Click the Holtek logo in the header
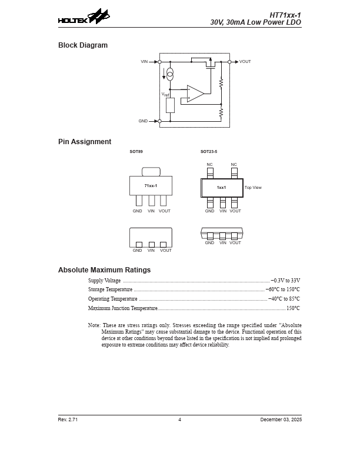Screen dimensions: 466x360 tap(84, 18)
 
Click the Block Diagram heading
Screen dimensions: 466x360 tap(83, 45)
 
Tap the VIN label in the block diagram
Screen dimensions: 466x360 tap(145, 62)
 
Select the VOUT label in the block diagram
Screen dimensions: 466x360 tap(245, 62)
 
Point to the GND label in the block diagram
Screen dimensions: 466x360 tap(143, 121)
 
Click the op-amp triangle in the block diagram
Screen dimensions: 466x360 tap(195, 94)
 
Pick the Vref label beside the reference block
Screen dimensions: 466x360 tap(165, 94)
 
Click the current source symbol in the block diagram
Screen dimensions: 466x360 tap(170, 74)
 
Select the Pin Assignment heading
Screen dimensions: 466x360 tap(85, 142)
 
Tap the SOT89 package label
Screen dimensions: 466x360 tap(136, 152)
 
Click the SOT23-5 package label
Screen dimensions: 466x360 tap(209, 152)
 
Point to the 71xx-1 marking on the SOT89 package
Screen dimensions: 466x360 tap(151, 185)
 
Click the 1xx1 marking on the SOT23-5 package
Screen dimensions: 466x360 tap(221, 188)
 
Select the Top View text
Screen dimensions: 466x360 tap(253, 188)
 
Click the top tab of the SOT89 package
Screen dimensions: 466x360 tap(151, 172)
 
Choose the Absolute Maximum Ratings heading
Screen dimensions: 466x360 tap(104, 270)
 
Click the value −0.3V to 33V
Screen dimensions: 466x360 tap(285, 281)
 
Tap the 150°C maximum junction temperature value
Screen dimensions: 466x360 tap(293, 308)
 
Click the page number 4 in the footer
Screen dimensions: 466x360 tap(179, 420)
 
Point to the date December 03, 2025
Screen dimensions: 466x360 tap(281, 420)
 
